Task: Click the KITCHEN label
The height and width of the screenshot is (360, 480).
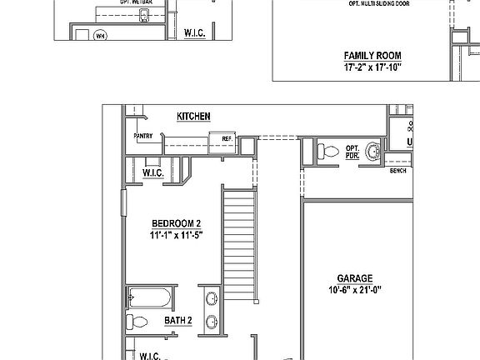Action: [192, 117]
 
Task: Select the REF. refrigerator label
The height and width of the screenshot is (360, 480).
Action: [226, 138]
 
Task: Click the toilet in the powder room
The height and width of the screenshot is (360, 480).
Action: [327, 152]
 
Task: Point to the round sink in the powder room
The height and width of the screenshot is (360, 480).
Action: [375, 152]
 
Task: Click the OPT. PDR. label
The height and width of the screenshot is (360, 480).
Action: [352, 152]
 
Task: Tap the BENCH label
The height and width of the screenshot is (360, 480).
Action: [397, 171]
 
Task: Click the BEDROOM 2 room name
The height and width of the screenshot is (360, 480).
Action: [176, 223]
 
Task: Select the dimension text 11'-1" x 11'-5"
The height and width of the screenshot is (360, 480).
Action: [176, 235]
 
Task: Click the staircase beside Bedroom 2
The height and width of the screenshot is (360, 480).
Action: [239, 242]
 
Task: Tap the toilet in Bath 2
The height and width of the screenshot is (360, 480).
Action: [138, 322]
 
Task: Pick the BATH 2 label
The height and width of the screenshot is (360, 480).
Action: [178, 320]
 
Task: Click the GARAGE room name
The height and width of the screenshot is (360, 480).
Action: [354, 279]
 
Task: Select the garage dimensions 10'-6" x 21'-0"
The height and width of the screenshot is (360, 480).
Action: [354, 291]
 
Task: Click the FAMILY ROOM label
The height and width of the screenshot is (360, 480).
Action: [372, 56]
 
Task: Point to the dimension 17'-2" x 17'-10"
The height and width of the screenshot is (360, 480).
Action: [372, 67]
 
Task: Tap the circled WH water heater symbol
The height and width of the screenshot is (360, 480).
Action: [100, 35]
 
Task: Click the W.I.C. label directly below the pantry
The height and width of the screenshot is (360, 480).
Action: [152, 172]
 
